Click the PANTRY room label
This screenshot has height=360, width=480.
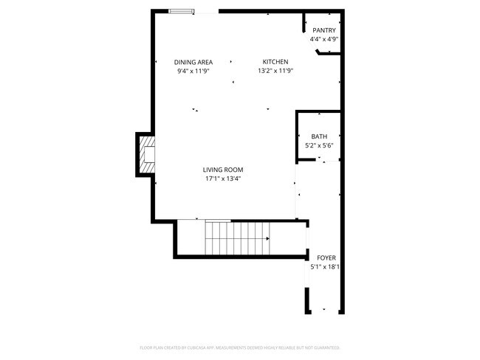click(x=324, y=30)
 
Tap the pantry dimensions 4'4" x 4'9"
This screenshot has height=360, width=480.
click(x=324, y=39)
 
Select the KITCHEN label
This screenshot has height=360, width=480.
click(x=275, y=62)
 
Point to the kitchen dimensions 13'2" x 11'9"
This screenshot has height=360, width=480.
click(x=275, y=71)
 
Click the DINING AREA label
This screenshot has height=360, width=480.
click(x=193, y=62)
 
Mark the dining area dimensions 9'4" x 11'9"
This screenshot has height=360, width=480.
click(x=193, y=71)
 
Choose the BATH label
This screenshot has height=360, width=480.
click(x=319, y=136)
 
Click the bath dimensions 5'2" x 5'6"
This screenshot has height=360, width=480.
click(x=319, y=145)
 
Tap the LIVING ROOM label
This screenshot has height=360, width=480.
click(x=223, y=170)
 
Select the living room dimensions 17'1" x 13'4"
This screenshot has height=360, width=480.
click(x=223, y=179)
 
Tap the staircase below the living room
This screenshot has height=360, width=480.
click(x=236, y=238)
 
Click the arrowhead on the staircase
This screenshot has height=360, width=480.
click(x=267, y=238)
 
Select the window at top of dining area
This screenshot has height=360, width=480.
click(x=182, y=11)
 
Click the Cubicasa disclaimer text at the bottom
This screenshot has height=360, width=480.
click(x=239, y=347)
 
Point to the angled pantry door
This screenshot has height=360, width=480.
click(x=324, y=52)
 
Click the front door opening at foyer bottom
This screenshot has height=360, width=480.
click(x=323, y=309)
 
